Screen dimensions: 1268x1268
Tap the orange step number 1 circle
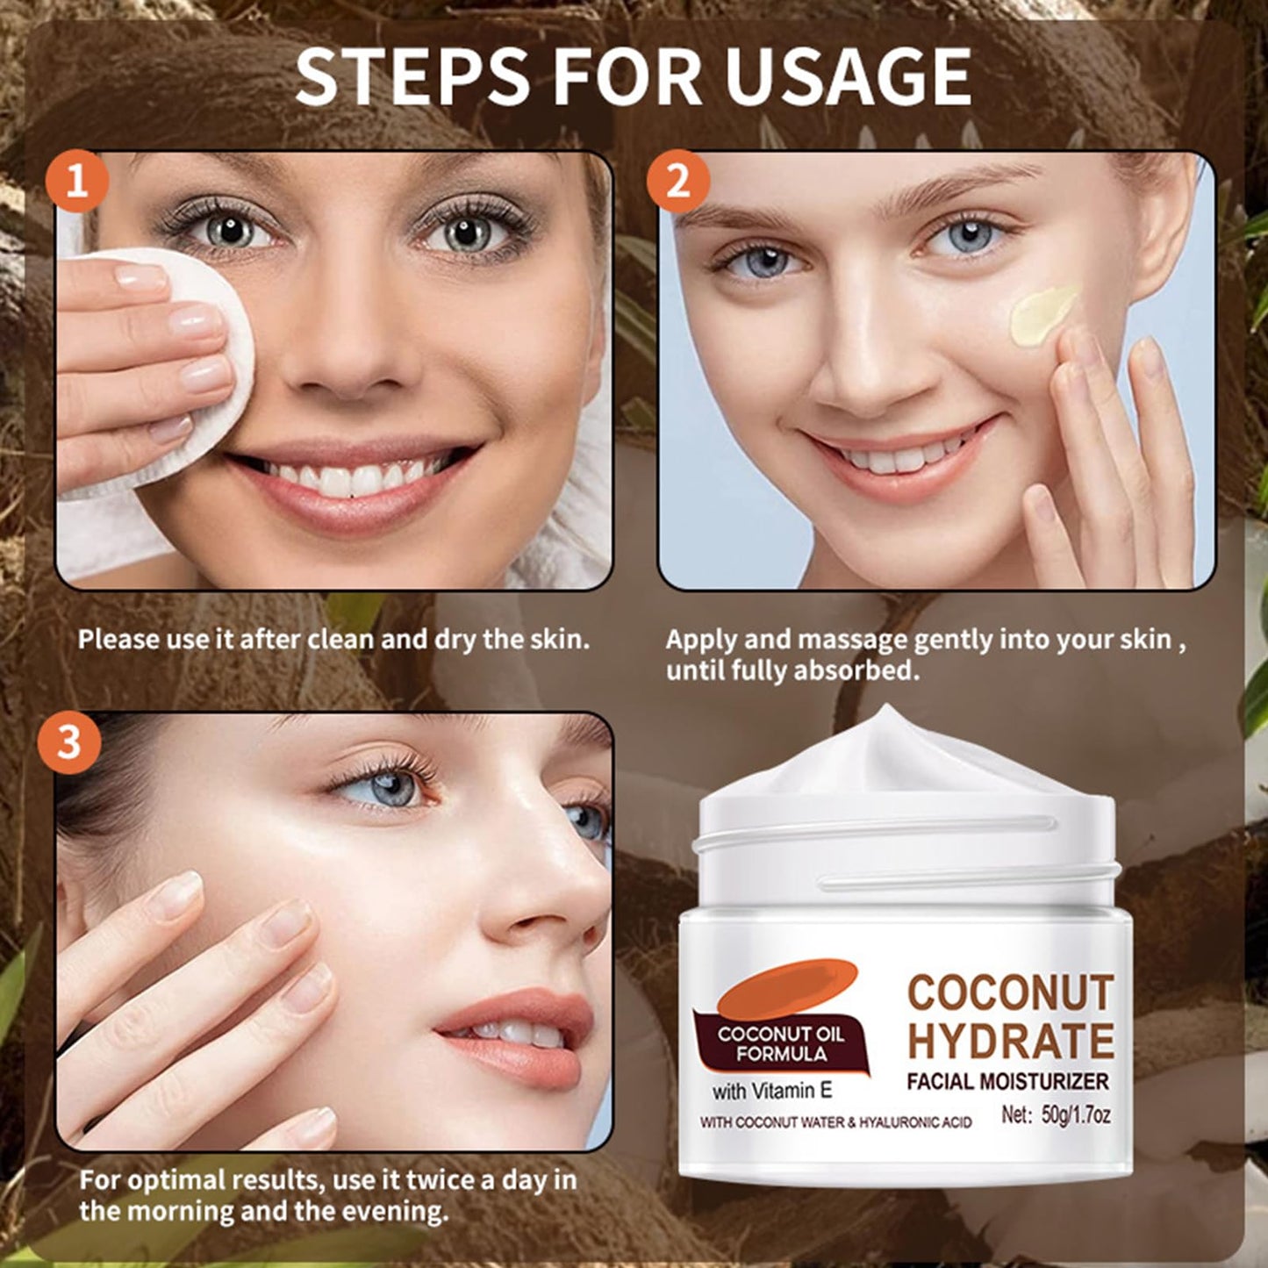click(x=77, y=183)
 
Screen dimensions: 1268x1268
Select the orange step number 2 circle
click(x=677, y=183)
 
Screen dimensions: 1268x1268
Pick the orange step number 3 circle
click(x=68, y=742)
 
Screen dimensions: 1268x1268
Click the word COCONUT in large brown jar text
click(x=1010, y=992)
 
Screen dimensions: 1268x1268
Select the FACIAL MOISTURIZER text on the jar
click(x=1007, y=1081)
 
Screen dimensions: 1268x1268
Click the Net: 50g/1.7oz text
click(x=1056, y=1116)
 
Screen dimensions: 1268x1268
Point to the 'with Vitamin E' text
click(x=771, y=1092)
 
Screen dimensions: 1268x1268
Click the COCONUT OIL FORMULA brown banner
click(x=780, y=1042)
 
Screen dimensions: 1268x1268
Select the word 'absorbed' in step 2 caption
click(x=856, y=671)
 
